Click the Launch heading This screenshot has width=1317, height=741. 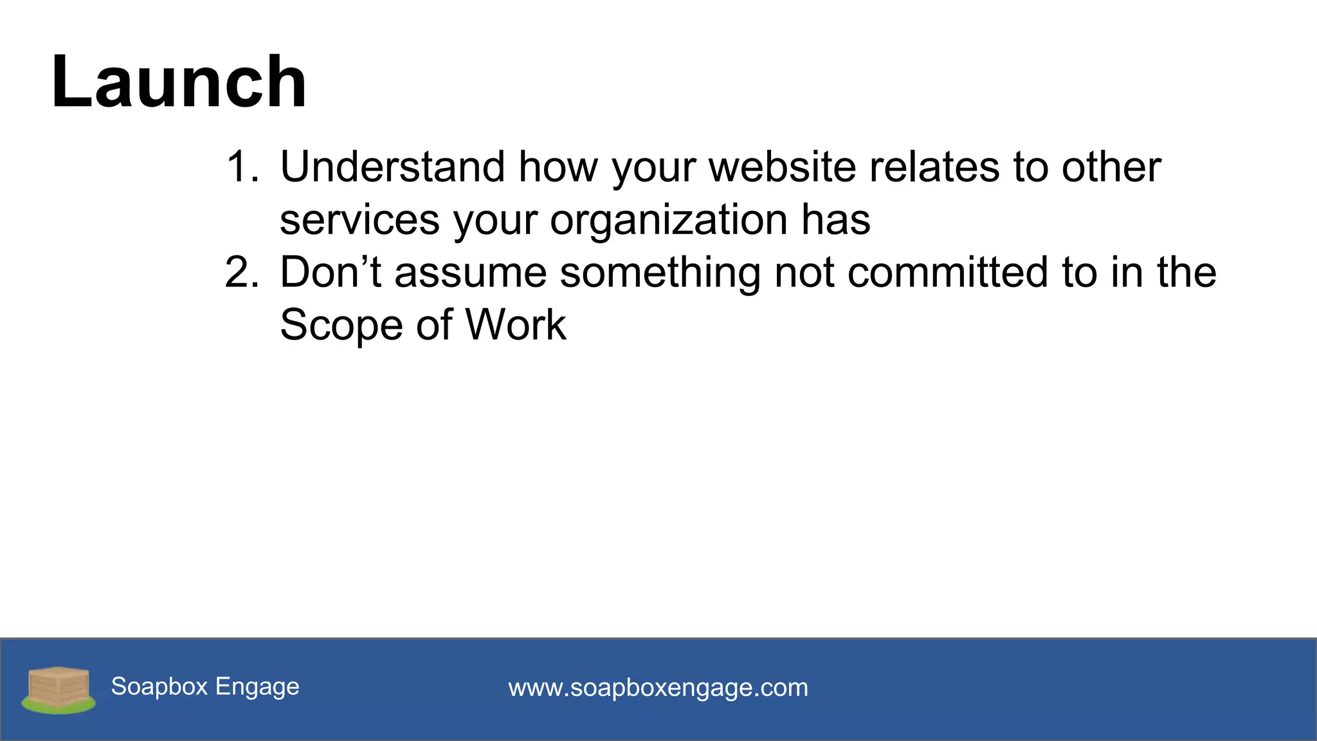179,82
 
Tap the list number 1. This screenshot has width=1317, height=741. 242,167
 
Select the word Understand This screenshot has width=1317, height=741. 392,167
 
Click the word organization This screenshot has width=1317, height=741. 669,220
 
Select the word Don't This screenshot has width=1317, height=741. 331,272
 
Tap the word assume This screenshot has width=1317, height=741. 471,272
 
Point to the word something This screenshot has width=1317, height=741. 660,272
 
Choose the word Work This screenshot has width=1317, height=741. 516,325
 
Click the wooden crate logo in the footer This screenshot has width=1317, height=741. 59,689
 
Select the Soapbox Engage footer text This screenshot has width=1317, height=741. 205,686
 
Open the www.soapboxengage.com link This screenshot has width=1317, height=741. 658,688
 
